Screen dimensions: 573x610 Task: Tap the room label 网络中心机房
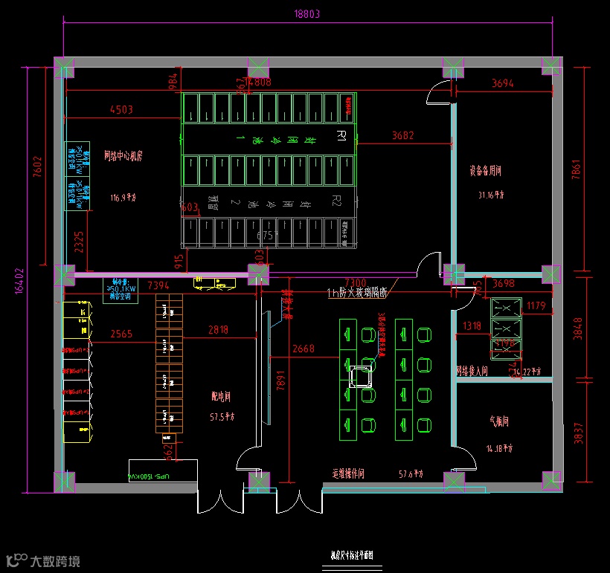point(123,157)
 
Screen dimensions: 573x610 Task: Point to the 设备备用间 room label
point(486,171)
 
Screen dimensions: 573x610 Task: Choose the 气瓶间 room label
point(498,421)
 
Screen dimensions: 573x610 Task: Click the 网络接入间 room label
point(472,371)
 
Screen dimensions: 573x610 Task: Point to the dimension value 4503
point(121,110)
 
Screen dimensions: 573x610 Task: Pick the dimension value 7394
point(158,285)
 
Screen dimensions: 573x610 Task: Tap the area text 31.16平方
point(491,195)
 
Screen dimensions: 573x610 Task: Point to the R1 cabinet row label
point(341,135)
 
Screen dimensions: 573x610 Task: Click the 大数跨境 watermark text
point(55,560)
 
